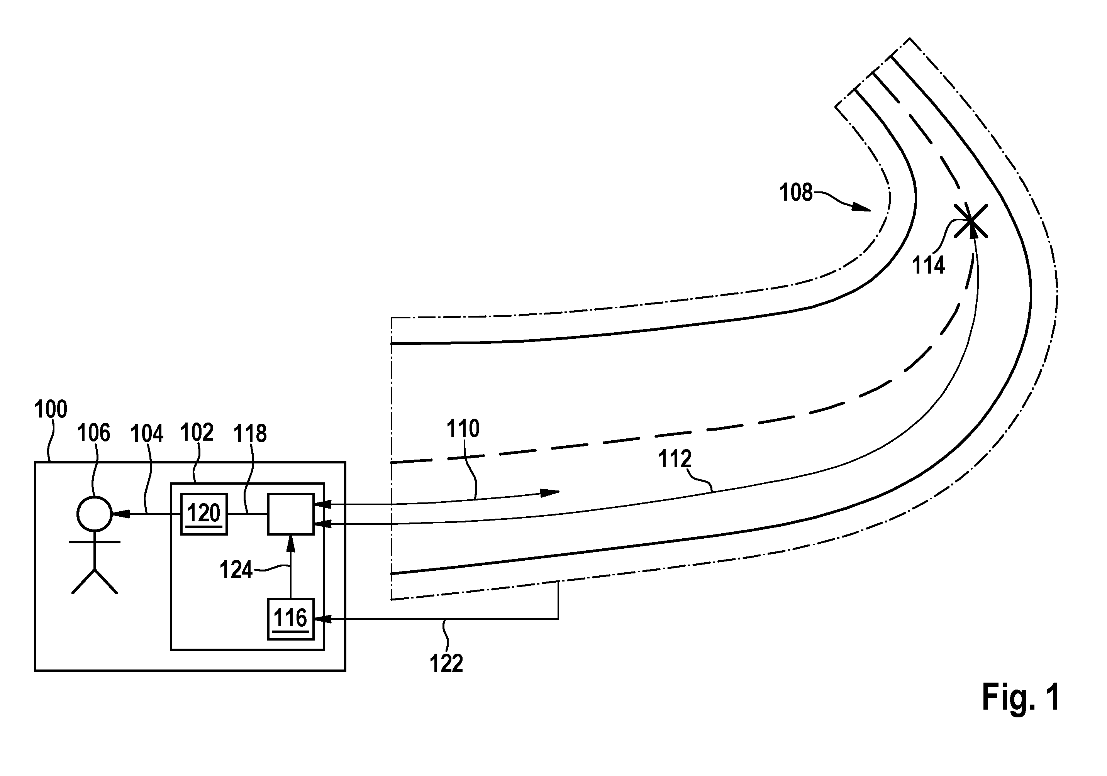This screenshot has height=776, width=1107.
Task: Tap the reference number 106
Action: coord(94,433)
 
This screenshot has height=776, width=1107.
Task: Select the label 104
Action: coord(147,433)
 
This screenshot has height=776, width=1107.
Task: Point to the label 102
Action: coord(197,432)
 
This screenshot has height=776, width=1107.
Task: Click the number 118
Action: coord(250,433)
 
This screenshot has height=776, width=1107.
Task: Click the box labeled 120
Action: coord(204,514)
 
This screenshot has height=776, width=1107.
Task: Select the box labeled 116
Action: coord(291,619)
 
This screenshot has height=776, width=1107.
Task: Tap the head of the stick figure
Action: coord(95,514)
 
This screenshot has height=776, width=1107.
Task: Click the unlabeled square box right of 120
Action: coord(291,514)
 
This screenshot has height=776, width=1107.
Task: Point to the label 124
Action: coord(236,570)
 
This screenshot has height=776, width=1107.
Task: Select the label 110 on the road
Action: coord(463,428)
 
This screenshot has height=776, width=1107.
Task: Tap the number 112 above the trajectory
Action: coord(675,459)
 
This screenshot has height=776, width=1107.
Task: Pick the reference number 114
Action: coord(929,265)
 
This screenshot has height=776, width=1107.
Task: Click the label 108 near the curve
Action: coord(796,192)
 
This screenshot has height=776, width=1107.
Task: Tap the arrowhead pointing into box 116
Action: coord(322,619)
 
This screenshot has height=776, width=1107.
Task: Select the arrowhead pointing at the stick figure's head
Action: coord(120,514)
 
